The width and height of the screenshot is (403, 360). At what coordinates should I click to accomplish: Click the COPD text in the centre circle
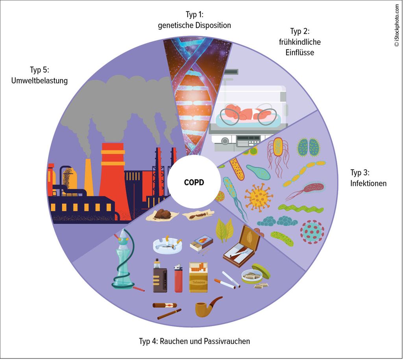click(194, 183)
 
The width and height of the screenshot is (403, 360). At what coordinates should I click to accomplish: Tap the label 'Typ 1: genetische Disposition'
click(194, 20)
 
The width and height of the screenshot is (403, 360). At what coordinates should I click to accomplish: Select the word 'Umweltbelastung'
click(39, 80)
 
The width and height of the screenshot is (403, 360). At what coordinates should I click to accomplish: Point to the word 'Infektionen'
click(368, 183)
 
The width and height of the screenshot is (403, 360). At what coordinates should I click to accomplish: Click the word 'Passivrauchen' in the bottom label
click(227, 341)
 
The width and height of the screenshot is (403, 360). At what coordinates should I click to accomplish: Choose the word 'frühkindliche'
click(299, 42)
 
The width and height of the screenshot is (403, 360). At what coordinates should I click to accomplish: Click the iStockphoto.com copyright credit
click(397, 25)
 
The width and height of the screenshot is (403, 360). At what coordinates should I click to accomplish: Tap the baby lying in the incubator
click(246, 113)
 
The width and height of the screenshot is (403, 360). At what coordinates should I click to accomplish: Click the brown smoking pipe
click(208, 306)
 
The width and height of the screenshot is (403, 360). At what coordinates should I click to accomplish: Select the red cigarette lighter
click(178, 278)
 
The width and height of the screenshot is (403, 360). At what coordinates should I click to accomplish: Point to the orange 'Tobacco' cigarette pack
click(198, 277)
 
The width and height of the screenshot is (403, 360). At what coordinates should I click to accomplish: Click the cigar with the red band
click(165, 305)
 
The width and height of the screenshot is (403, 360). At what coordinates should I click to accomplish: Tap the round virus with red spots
click(312, 231)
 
